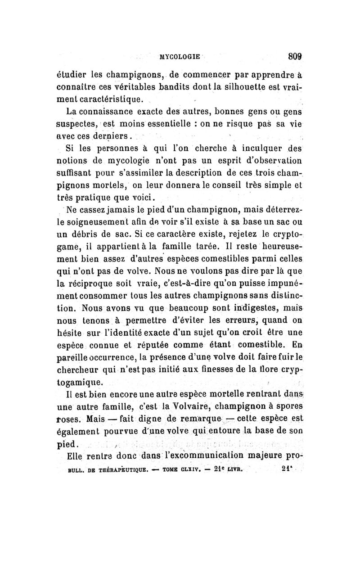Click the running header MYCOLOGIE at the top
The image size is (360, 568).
[x=180, y=57]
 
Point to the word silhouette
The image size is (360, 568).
[x=248, y=86]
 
